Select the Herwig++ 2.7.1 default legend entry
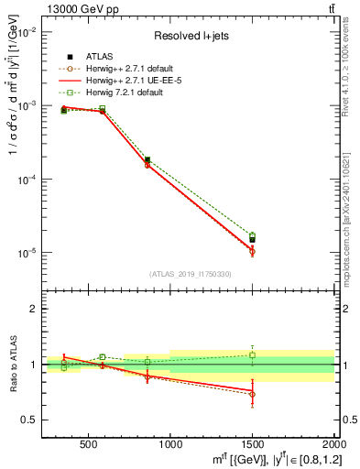123,68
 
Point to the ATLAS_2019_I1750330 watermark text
191,274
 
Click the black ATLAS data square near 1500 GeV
252,240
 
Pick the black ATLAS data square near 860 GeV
147,160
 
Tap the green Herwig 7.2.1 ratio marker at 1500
252,354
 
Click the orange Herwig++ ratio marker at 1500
252,394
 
